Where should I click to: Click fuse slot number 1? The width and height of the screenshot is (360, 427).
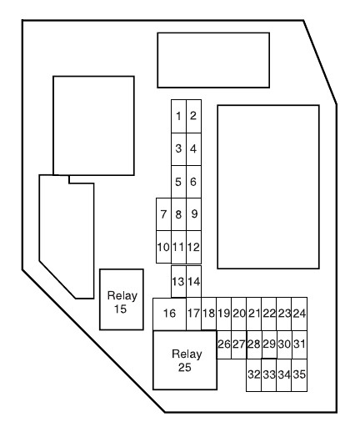click(178, 116)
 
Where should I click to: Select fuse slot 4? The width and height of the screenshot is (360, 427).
click(193, 149)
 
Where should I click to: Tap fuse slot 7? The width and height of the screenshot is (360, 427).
click(163, 214)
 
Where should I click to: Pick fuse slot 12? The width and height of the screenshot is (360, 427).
click(193, 247)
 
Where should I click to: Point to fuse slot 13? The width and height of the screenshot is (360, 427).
click(178, 281)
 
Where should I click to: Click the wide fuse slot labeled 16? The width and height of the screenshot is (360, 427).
click(169, 314)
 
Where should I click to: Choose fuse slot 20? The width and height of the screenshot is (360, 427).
click(239, 314)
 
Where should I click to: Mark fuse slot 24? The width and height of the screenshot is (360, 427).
click(299, 314)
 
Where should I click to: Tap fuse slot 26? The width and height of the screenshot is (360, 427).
click(224, 344)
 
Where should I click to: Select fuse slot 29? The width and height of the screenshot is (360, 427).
click(269, 344)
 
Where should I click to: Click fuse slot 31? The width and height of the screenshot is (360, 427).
click(299, 344)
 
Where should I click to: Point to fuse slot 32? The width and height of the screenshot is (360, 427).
click(254, 375)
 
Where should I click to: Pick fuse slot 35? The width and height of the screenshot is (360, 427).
click(299, 375)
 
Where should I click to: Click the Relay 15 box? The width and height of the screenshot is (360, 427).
click(122, 299)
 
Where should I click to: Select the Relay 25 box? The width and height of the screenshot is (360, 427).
click(185, 360)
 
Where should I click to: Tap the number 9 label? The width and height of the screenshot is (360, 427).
click(194, 213)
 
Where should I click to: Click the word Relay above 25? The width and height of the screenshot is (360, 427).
click(187, 354)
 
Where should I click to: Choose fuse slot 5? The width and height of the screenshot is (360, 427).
click(178, 182)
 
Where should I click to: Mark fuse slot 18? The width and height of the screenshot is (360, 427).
click(208, 314)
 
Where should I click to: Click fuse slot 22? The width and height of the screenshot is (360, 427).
click(269, 314)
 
